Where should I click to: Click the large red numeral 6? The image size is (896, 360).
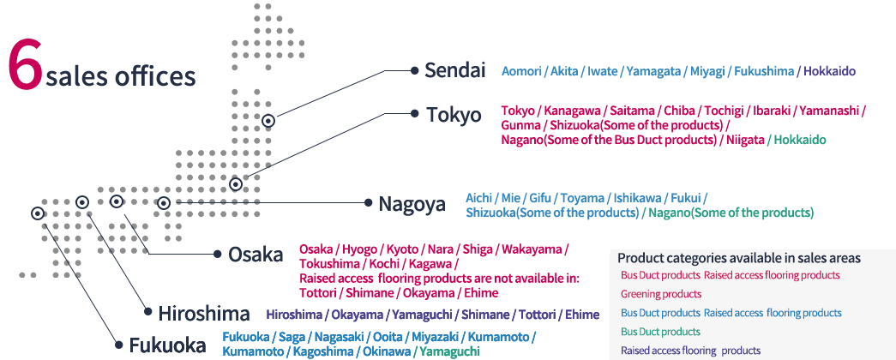(25, 64)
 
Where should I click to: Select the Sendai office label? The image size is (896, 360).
(454, 70)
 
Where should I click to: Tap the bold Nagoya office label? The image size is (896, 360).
(412, 204)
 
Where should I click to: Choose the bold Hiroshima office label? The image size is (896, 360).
(203, 314)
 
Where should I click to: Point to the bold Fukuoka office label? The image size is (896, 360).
(167, 345)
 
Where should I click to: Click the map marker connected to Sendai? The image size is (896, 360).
(268, 122)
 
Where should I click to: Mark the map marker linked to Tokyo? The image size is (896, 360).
(236, 184)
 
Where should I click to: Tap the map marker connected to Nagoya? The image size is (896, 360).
(164, 203)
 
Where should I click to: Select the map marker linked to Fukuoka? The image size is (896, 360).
(37, 213)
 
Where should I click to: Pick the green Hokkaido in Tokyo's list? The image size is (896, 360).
(800, 139)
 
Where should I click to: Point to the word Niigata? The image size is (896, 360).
(743, 139)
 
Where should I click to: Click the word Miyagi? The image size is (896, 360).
(707, 71)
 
